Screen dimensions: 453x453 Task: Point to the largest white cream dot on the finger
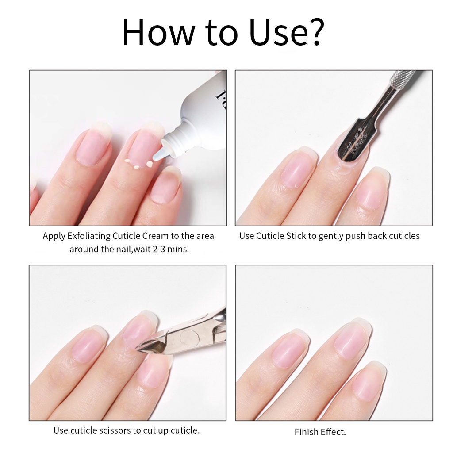[x=150, y=164]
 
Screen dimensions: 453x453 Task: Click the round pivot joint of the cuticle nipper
[x=188, y=337]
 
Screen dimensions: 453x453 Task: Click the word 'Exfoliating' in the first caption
[x=88, y=236]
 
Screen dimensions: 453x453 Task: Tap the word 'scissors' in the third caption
[x=115, y=430]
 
